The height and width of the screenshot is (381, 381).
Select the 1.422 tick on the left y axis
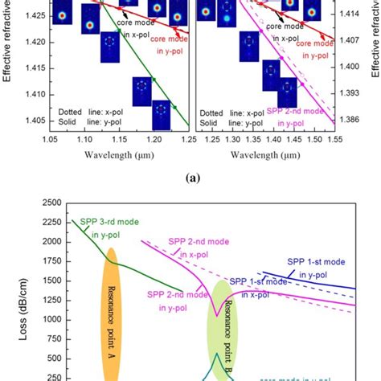pos(33,36)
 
